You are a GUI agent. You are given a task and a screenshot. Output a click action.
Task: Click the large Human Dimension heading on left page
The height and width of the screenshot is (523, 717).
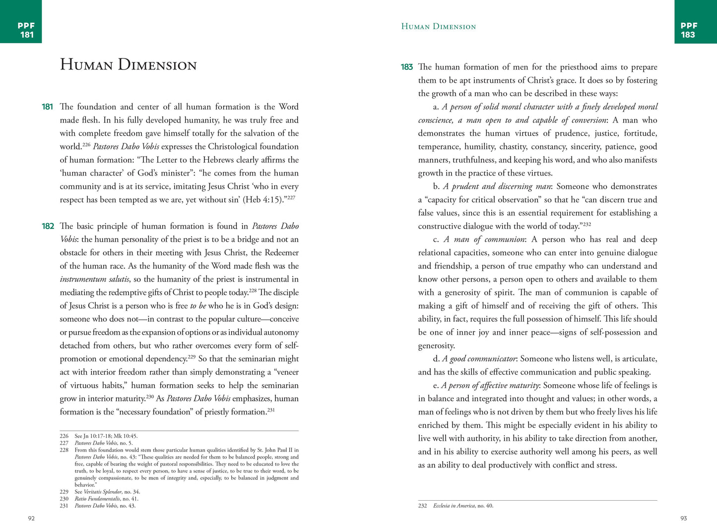point(128,65)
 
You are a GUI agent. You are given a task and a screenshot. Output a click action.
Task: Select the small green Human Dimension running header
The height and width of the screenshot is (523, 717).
point(438,27)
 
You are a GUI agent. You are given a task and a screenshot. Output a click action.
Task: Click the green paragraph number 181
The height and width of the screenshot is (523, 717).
point(47,107)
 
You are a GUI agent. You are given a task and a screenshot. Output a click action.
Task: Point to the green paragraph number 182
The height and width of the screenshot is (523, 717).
point(48,226)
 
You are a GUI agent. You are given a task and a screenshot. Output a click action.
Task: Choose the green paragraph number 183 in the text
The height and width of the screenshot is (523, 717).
point(407,67)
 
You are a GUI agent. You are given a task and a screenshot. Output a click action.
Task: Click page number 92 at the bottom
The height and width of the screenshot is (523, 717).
point(31,518)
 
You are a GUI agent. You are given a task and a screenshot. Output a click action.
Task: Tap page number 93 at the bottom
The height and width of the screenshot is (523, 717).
point(683,518)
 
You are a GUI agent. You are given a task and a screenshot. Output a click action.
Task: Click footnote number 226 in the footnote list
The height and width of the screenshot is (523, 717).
point(64,436)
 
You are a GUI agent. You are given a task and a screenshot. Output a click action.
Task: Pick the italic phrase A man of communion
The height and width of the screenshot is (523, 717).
point(484,239)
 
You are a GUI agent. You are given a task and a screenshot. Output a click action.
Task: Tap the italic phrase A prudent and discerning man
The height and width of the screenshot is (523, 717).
point(497,186)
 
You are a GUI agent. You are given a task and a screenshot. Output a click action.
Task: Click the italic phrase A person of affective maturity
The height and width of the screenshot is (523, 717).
point(490,385)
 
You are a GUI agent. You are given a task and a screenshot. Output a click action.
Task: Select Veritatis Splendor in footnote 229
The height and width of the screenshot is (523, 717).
point(102,492)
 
